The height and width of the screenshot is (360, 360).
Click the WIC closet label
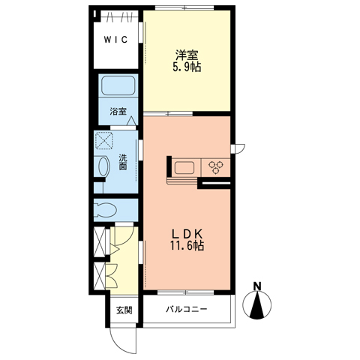click(116, 40)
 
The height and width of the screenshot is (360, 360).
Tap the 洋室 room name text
click(187, 55)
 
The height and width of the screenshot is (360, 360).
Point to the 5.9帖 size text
click(187, 67)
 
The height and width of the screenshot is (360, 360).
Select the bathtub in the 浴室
click(118, 85)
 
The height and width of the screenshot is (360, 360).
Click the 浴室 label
click(118, 112)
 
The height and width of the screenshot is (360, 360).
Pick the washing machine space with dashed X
click(104, 141)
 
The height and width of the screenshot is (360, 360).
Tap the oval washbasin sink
click(104, 166)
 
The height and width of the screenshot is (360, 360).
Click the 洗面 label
click(122, 162)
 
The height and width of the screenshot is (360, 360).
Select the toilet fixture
click(105, 210)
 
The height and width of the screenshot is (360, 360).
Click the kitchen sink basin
click(184, 167)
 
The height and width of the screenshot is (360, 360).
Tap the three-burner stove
click(215, 166)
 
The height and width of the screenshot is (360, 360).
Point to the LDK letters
click(187, 234)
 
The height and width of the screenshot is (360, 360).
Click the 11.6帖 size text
click(187, 246)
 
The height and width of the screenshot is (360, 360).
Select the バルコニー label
click(187, 310)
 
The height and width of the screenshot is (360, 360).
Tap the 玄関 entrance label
click(124, 310)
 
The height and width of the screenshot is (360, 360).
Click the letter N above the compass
click(257, 286)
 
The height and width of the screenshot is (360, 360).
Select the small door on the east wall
click(238, 148)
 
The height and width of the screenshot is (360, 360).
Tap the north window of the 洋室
click(184, 7)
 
